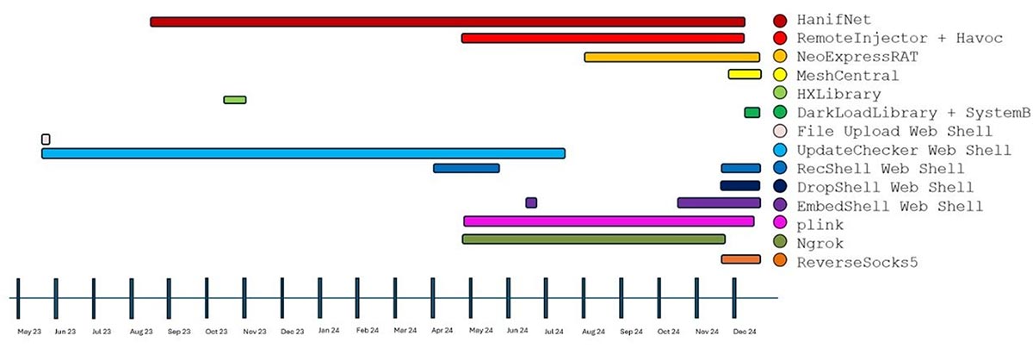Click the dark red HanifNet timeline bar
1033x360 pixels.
448,22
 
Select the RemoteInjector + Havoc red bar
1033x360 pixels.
603,38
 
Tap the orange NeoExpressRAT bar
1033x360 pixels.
672,57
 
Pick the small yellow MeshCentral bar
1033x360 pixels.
745,74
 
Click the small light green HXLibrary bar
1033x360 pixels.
235,100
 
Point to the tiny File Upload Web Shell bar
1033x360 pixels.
46,139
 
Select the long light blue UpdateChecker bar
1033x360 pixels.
303,153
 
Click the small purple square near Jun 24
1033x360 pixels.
531,202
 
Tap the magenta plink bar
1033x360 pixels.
609,221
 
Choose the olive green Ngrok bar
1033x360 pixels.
593,239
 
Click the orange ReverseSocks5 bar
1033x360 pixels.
740,259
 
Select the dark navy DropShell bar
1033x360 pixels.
740,185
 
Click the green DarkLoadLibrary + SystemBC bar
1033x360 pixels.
752,112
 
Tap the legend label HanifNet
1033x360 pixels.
834,20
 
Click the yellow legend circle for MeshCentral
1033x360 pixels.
780,74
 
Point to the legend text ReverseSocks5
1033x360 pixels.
857,263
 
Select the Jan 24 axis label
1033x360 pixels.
329,331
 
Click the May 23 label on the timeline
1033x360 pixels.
29,332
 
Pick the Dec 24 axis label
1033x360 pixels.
745,332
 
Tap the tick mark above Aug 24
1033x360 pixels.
584,298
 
